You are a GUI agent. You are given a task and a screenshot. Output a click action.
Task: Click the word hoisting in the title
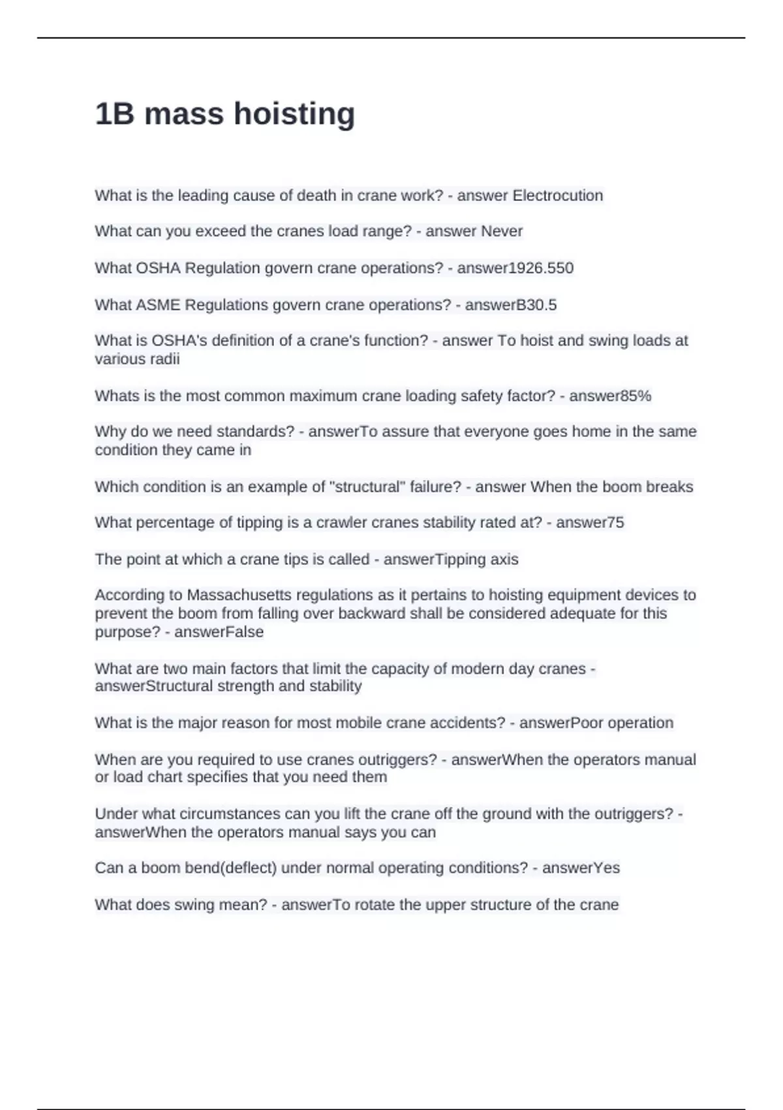[294, 114]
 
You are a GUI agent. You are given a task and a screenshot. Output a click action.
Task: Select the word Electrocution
[558, 195]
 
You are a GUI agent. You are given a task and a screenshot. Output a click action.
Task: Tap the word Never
[502, 231]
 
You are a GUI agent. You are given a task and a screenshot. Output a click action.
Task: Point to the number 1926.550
[541, 268]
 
